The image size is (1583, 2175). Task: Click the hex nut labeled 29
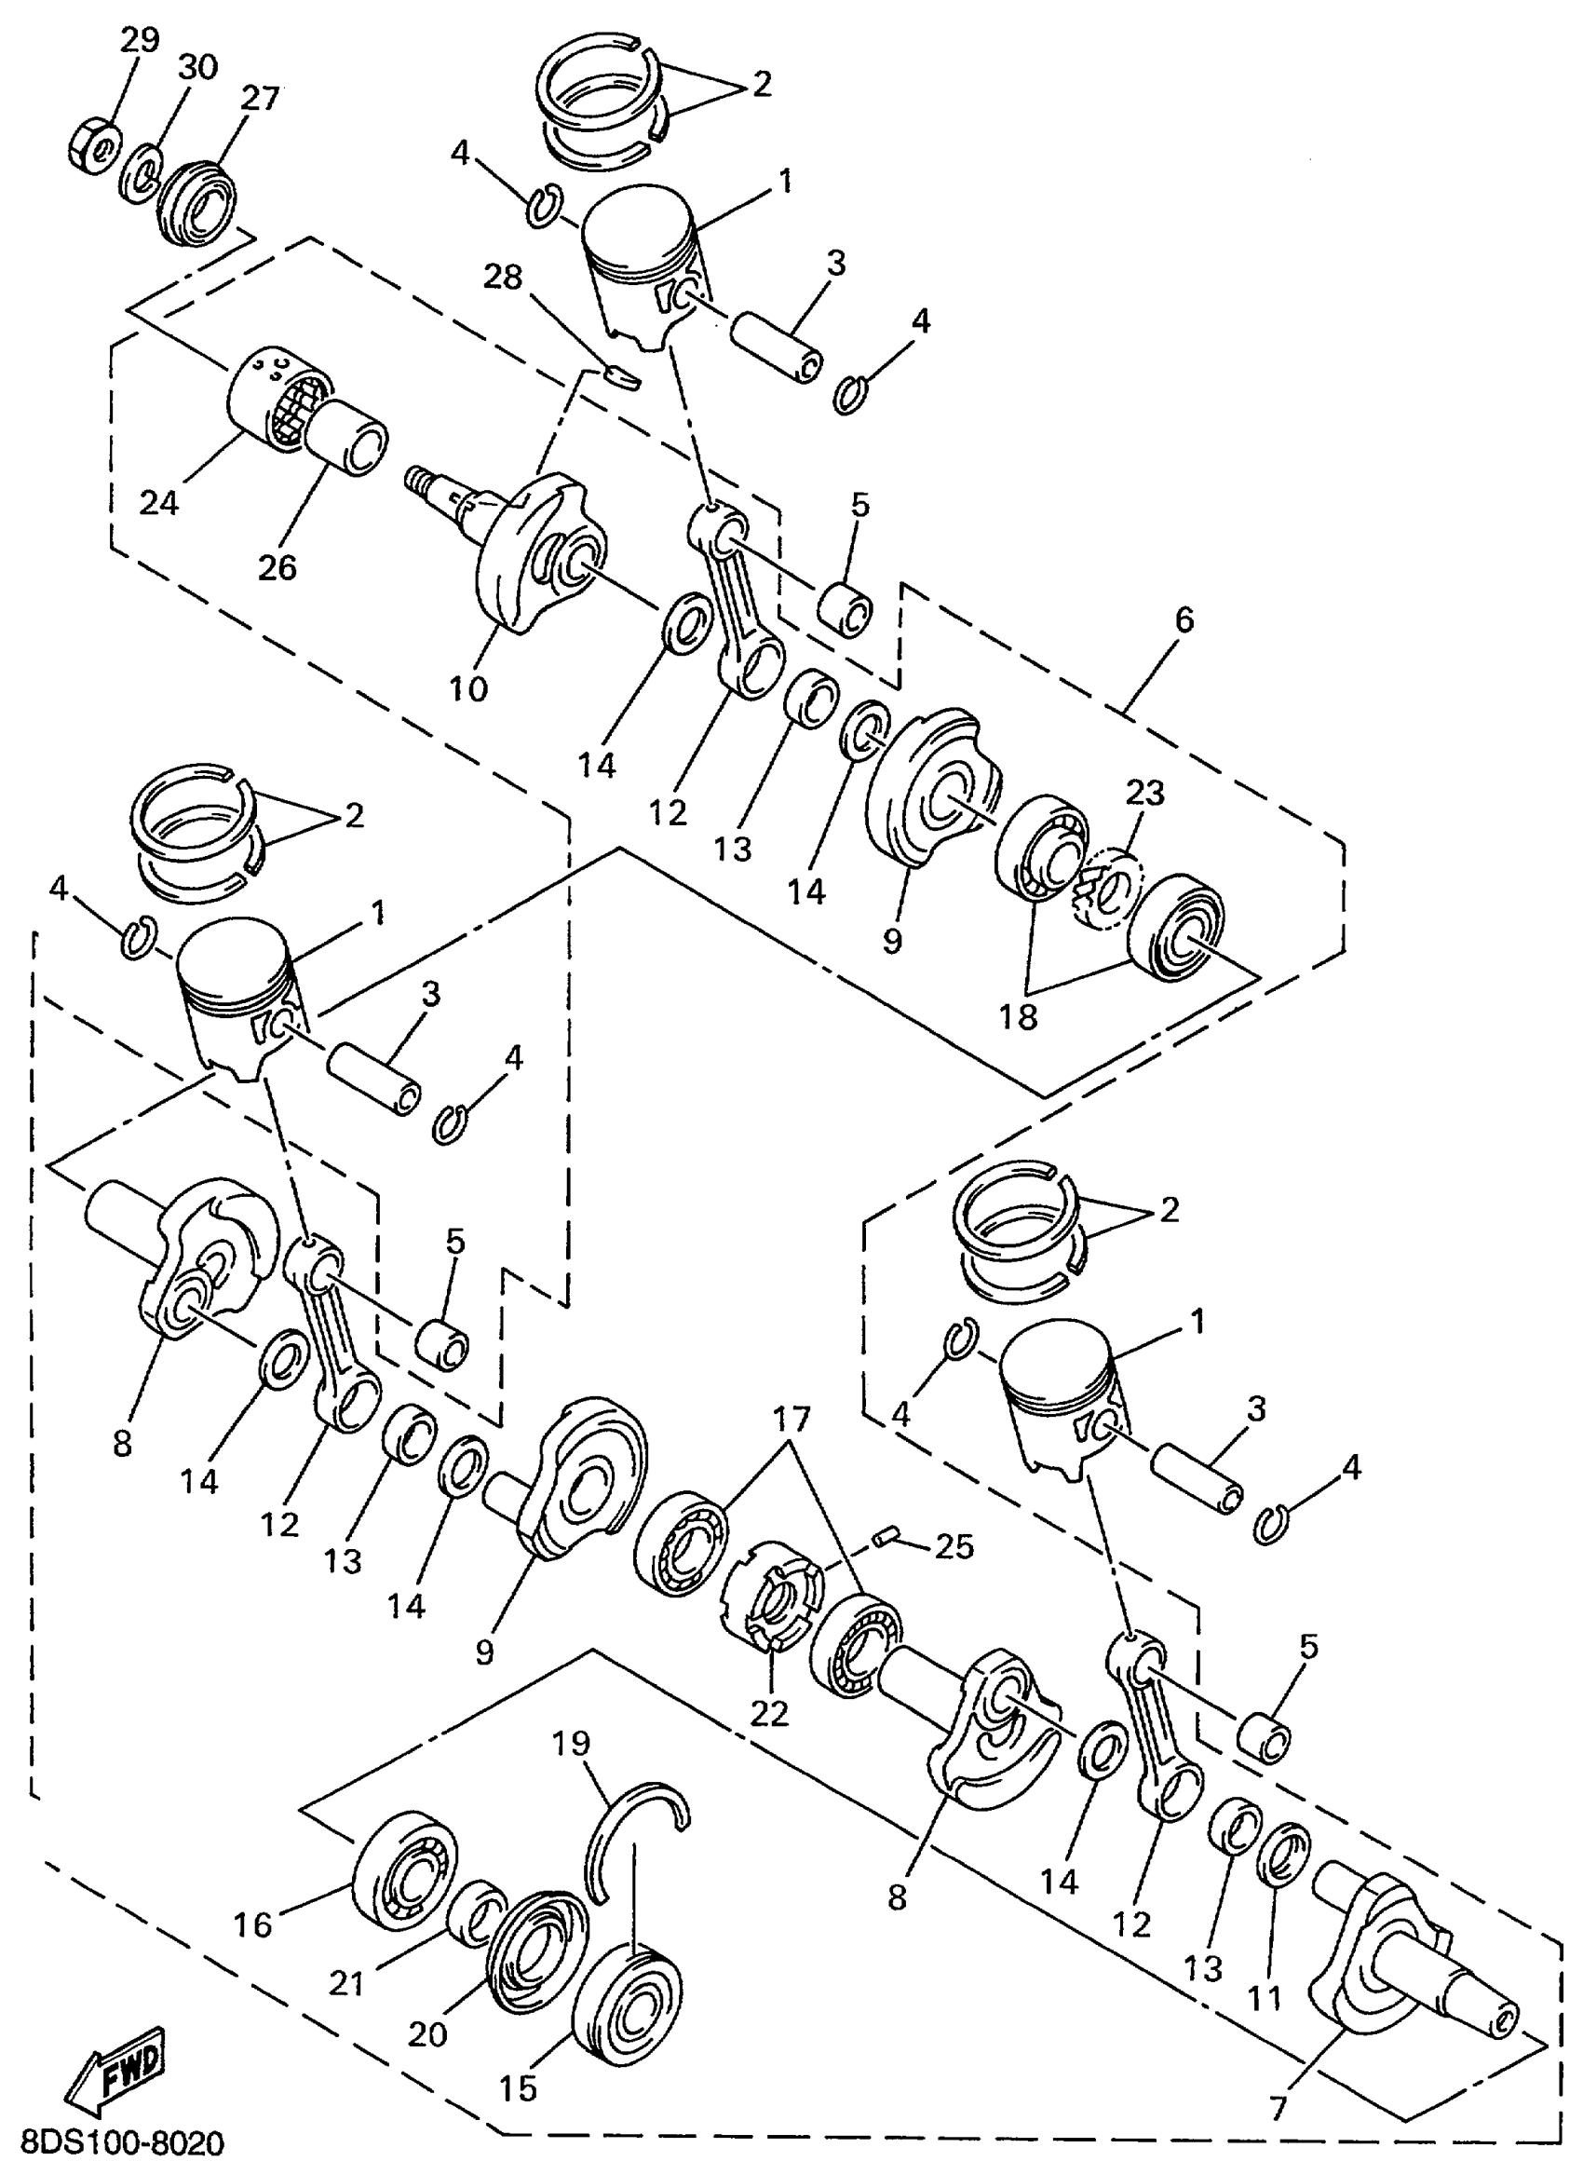pos(95,144)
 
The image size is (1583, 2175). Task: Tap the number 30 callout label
pos(197,68)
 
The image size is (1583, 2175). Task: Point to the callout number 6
pos(1185,620)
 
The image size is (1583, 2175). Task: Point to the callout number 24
pos(158,501)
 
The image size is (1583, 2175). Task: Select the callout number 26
pos(277,566)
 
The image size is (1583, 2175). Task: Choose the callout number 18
pos(1021,1016)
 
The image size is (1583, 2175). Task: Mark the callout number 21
pos(346,1977)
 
